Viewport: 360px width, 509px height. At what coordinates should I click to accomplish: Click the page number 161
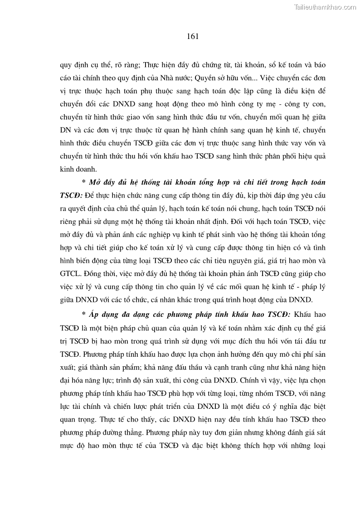193,36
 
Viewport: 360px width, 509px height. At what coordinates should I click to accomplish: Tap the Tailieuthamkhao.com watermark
326,7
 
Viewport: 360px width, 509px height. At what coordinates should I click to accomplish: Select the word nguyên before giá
256,261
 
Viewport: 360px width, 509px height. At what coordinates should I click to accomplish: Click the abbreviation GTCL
71,274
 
